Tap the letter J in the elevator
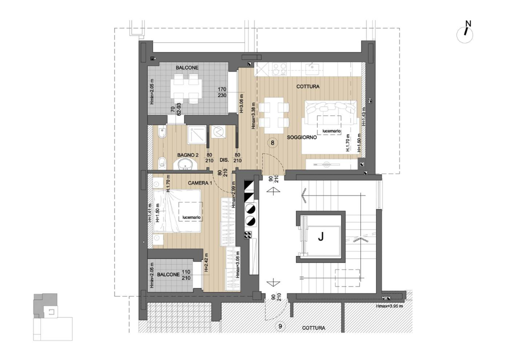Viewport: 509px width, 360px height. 320,238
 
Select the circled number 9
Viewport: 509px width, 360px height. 280,327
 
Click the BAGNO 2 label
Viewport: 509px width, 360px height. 187,155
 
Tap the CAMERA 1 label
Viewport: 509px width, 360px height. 200,183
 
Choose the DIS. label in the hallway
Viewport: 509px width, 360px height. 224,160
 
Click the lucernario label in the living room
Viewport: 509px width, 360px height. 331,131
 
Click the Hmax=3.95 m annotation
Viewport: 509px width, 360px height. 391,306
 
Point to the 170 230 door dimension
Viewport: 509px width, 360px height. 222,93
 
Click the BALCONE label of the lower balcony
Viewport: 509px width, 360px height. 168,275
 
